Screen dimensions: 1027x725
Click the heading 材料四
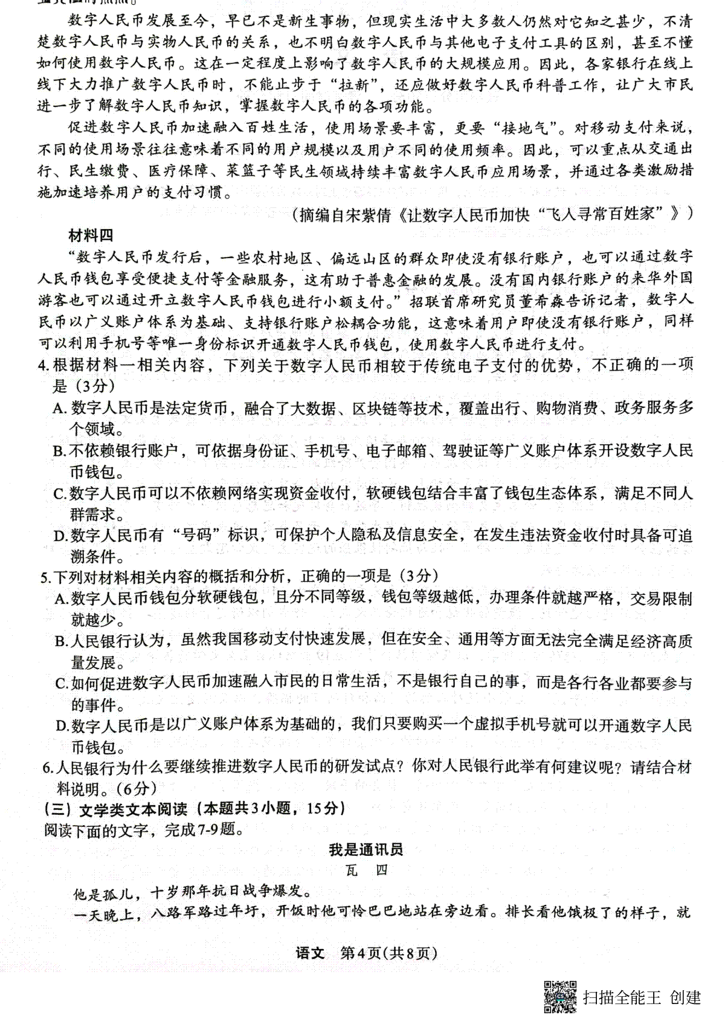[91, 236]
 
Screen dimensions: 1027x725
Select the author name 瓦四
[366, 870]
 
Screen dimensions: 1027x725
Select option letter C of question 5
[60, 684]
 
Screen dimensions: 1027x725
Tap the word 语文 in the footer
[310, 953]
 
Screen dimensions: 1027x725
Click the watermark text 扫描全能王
[622, 997]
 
